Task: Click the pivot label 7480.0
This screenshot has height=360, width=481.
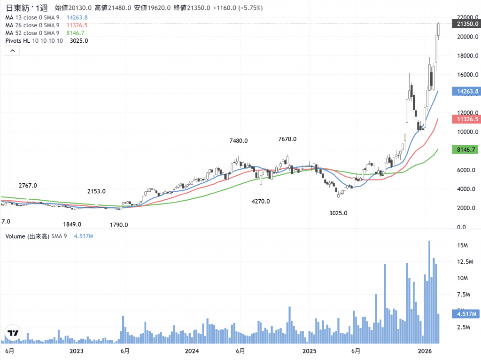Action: pyautogui.click(x=238, y=141)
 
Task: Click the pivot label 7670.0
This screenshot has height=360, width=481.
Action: pyautogui.click(x=287, y=139)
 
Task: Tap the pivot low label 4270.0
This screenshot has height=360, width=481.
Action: pyautogui.click(x=261, y=201)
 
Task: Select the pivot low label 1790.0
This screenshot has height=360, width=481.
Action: pyautogui.click(x=119, y=225)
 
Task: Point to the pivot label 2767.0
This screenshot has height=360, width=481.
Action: pyautogui.click(x=28, y=186)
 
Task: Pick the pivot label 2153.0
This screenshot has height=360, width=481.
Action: pyautogui.click(x=96, y=191)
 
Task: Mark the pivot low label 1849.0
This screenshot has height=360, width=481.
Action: pyautogui.click(x=72, y=224)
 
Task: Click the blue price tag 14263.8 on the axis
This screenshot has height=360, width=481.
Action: pyautogui.click(x=465, y=91)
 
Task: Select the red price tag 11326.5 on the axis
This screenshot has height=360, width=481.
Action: pyautogui.click(x=465, y=119)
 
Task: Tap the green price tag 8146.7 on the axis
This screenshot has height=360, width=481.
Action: pyautogui.click(x=465, y=149)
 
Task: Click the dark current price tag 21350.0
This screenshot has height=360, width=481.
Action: pyautogui.click(x=465, y=24)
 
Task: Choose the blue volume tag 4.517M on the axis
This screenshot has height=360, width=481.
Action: pyautogui.click(x=465, y=314)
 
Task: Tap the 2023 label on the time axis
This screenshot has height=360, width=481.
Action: pyautogui.click(x=76, y=351)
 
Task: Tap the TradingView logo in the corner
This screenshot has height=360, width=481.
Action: pyautogui.click(x=13, y=333)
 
